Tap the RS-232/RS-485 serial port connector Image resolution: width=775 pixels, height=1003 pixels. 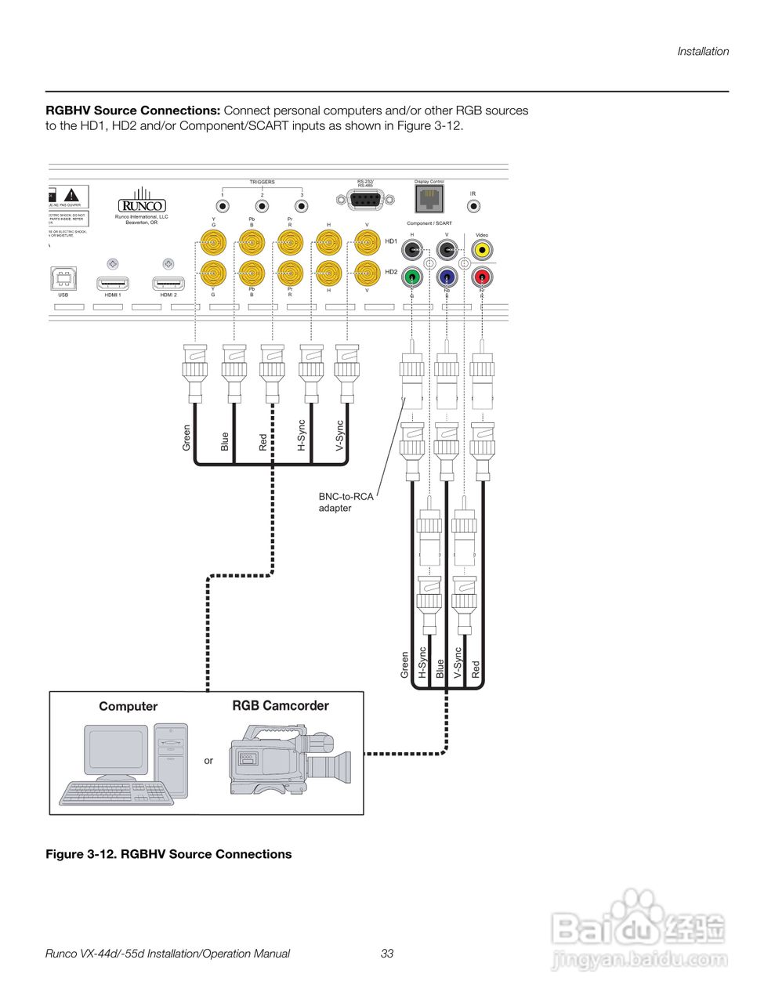click(364, 201)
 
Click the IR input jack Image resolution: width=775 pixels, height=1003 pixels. click(473, 207)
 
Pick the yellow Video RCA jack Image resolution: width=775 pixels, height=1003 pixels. click(481, 251)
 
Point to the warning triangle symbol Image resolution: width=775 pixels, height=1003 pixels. click(72, 194)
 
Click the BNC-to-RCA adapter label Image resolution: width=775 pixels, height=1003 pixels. click(346, 502)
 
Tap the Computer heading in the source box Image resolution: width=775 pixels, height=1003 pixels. click(128, 707)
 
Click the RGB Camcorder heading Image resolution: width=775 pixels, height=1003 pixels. click(281, 706)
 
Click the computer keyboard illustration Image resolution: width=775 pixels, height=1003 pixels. click(114, 792)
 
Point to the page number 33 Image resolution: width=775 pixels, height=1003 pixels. click(387, 954)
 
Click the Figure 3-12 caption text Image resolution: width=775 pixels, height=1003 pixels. click(168, 854)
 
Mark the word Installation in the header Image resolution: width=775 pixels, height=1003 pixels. click(703, 52)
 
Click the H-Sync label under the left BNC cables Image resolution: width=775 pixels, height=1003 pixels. click(302, 436)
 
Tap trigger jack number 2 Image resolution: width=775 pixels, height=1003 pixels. click(263, 207)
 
